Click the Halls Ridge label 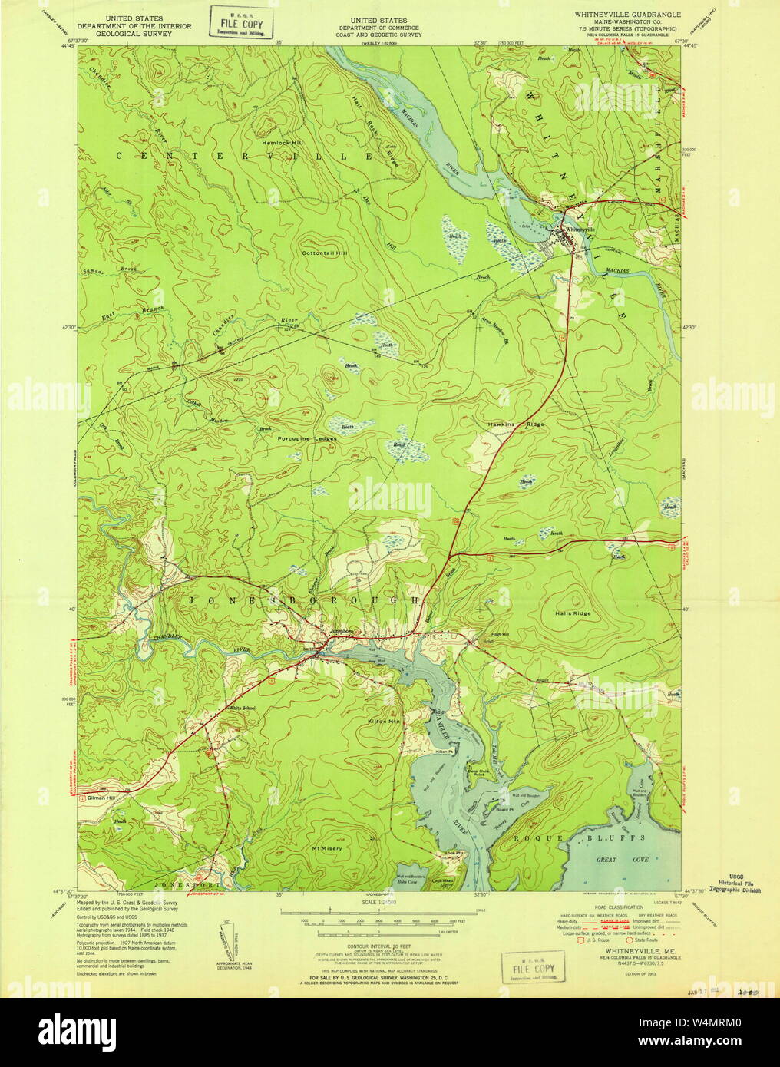click(x=572, y=613)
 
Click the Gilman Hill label click(x=105, y=798)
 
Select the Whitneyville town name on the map click(x=580, y=230)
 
